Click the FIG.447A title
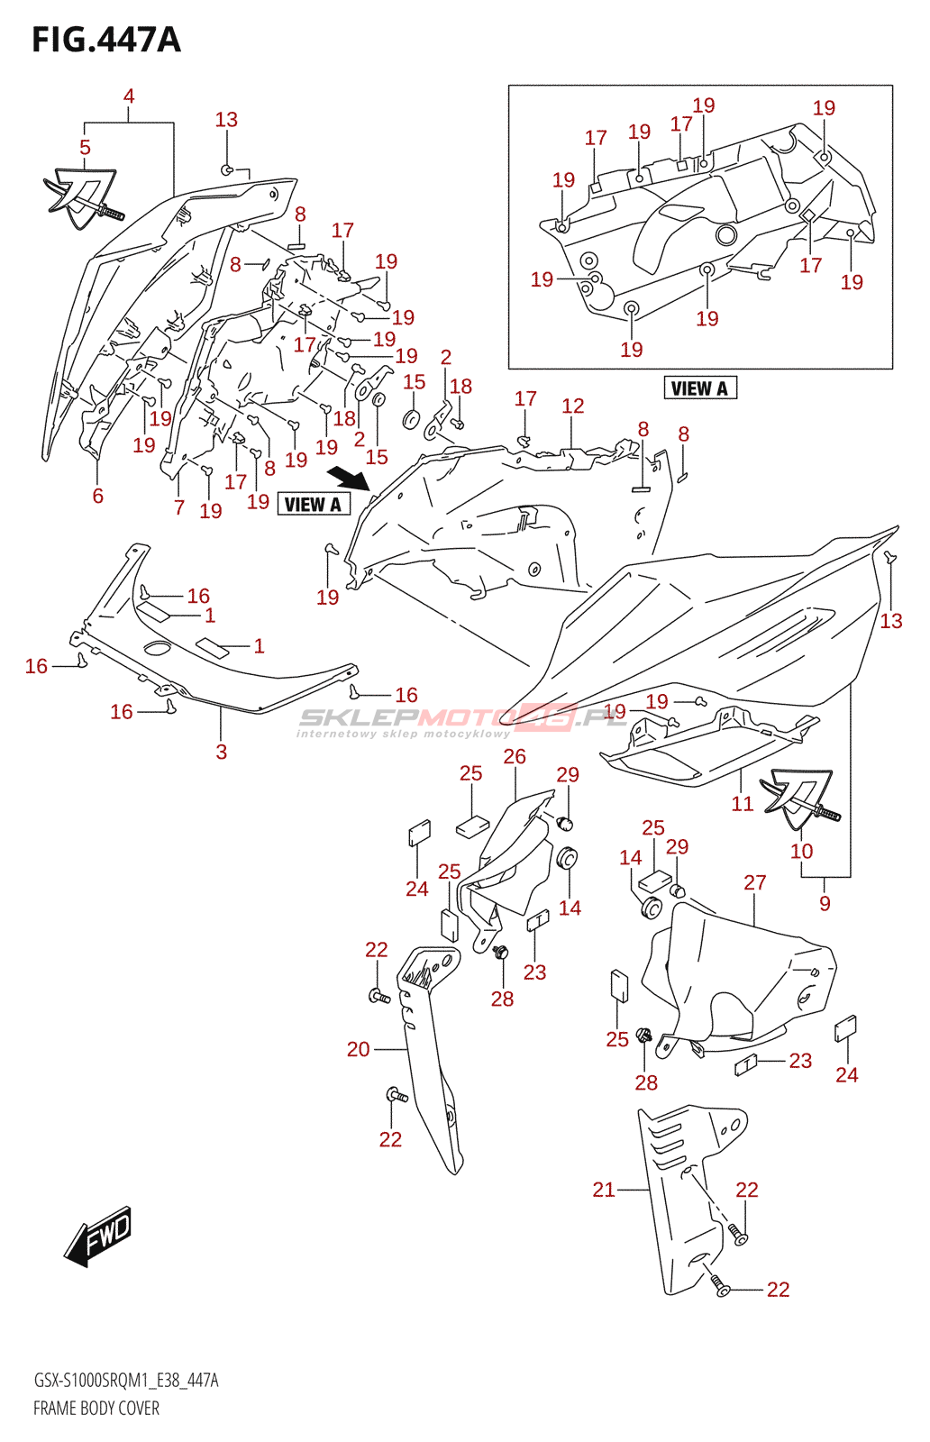[x=106, y=41]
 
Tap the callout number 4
[x=129, y=96]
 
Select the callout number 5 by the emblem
[x=85, y=148]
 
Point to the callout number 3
[x=222, y=752]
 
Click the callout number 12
[x=573, y=406]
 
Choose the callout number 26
[x=515, y=757]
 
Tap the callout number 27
[x=755, y=883]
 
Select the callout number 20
[x=359, y=1049]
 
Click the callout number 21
[x=604, y=1190]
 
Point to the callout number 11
[x=742, y=804]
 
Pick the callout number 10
[x=801, y=851]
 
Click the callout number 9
[x=825, y=903]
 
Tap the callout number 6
[x=98, y=496]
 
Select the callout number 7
[x=179, y=508]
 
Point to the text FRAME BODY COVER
[x=96, y=1409]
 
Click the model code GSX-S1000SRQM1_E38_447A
[x=126, y=1381]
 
